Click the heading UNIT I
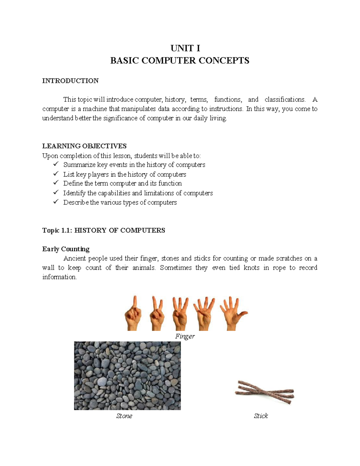185,48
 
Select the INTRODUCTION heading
70,81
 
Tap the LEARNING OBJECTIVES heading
84,146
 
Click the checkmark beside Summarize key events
56,164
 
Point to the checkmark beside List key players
56,174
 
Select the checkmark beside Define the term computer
56,183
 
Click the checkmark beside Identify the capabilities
56,193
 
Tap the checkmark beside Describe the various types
56,202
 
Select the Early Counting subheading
66,249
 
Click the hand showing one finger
133,314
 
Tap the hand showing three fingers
180,314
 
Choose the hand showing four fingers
204,314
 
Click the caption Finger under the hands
185,336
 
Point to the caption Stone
124,416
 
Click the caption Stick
261,416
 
